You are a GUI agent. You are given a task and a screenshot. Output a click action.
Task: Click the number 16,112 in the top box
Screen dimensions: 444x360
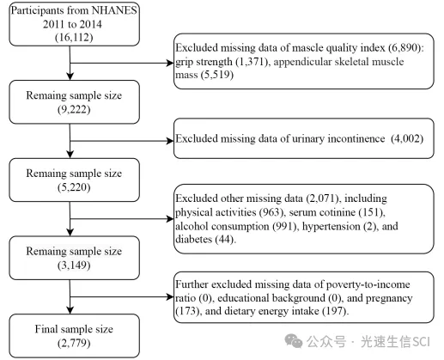click(x=74, y=38)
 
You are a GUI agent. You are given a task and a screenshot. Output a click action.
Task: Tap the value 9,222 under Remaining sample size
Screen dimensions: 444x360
click(x=74, y=109)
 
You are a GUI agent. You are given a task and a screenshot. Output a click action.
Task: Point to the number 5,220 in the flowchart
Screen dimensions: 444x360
click(x=74, y=187)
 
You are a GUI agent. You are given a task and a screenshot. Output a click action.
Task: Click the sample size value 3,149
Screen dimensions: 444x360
click(x=74, y=265)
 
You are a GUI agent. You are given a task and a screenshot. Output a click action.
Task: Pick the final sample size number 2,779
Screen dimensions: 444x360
click(x=74, y=343)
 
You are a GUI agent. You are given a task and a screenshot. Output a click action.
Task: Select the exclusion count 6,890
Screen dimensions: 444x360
click(x=404, y=47)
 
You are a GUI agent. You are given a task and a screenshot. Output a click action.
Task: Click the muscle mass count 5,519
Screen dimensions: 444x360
click(x=217, y=75)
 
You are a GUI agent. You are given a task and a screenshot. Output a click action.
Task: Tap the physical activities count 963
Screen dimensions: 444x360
click(x=271, y=212)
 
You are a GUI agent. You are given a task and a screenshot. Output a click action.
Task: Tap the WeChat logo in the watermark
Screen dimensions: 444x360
click(x=294, y=341)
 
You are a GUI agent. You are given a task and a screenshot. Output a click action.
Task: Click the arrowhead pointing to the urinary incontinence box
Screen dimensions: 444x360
click(x=170, y=141)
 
